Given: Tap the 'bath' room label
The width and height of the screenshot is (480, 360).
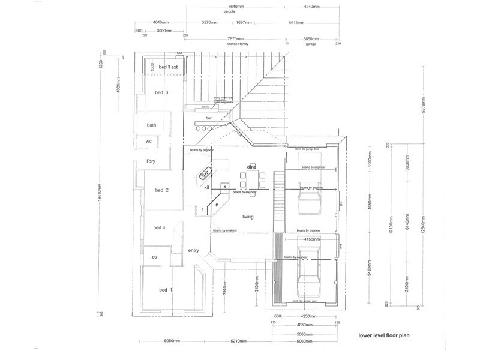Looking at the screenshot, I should point(151,125).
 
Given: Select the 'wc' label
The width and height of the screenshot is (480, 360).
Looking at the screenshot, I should point(148,141).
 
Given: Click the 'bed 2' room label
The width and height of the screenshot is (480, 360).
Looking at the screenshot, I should point(161,190).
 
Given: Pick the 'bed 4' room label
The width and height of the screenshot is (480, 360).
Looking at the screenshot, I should point(159,227).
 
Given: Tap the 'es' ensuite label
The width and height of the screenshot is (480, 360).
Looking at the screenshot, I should point(154,257).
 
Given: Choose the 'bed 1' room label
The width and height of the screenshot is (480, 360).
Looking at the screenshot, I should point(165,290).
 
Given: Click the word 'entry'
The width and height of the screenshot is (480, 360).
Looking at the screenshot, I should point(193,250).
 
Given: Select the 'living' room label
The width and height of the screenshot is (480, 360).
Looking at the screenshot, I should point(250,217).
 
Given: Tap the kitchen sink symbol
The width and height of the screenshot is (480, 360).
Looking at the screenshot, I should point(205,174).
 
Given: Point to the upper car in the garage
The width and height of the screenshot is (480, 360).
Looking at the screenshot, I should point(310,191).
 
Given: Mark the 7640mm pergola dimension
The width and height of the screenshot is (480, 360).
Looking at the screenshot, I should point(236,7).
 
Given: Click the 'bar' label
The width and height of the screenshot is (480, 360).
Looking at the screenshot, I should point(209,118).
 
